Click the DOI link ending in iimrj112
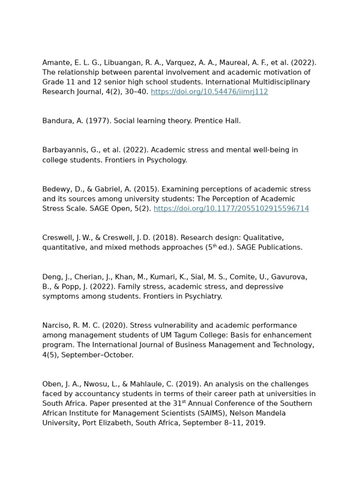point(209,92)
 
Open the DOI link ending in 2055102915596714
point(231,209)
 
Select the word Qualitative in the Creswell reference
point(263,238)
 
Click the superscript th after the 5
point(215,246)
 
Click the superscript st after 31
point(184,402)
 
